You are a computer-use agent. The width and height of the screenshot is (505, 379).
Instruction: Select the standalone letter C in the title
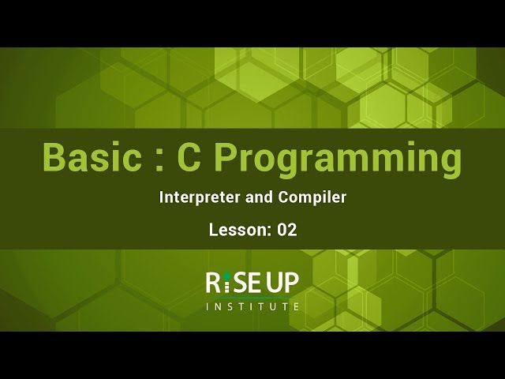point(189,157)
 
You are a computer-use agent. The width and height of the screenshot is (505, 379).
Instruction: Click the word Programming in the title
point(338,159)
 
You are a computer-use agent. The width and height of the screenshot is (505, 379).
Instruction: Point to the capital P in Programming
point(227,157)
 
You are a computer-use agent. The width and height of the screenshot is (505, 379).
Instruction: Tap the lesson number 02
point(286,230)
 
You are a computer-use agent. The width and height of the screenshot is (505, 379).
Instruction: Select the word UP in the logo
point(282,282)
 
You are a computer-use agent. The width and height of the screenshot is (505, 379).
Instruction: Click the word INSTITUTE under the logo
point(252,306)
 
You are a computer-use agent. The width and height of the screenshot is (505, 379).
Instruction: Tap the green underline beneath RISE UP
point(252,297)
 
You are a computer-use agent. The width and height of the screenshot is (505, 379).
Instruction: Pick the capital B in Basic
point(54,157)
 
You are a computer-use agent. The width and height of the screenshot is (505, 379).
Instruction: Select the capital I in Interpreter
point(162,197)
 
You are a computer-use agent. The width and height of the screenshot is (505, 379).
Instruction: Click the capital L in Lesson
point(213,230)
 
